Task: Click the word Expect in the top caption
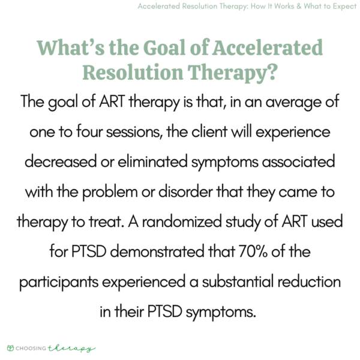pyautogui.click(x=338, y=7)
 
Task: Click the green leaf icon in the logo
pyautogui.click(x=11, y=347)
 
